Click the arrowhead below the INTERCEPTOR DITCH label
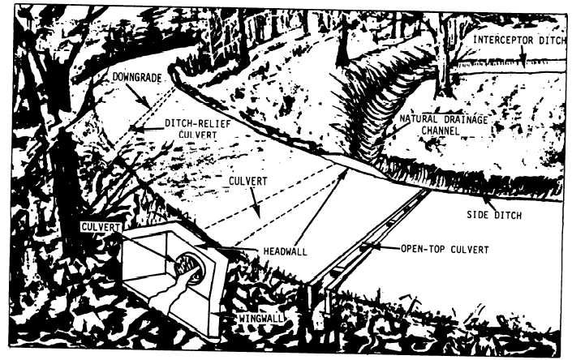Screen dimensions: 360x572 point(523,62)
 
